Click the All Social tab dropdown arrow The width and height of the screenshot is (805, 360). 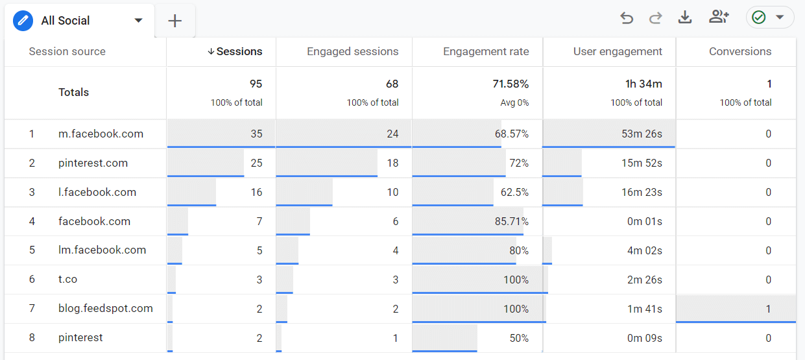click(x=138, y=21)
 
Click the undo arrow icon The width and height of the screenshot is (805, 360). click(x=627, y=18)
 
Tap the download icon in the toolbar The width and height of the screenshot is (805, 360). click(x=685, y=18)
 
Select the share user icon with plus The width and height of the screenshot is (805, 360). click(x=719, y=18)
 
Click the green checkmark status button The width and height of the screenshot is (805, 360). click(x=769, y=18)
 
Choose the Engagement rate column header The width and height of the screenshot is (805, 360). click(x=486, y=52)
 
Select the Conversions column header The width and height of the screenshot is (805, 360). click(x=740, y=52)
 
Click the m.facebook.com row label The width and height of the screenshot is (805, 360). click(x=101, y=134)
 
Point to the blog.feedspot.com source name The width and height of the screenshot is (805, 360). click(x=106, y=309)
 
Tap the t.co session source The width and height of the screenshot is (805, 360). click(x=67, y=280)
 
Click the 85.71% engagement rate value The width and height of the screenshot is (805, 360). click(x=511, y=222)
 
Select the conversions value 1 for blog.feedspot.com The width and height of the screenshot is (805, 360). click(x=768, y=309)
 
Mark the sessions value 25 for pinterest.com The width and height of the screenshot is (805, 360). click(x=256, y=163)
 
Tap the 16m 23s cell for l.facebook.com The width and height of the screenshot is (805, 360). click(x=642, y=193)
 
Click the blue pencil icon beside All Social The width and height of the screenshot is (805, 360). click(x=23, y=21)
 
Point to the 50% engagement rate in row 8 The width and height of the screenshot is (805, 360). click(x=518, y=338)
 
